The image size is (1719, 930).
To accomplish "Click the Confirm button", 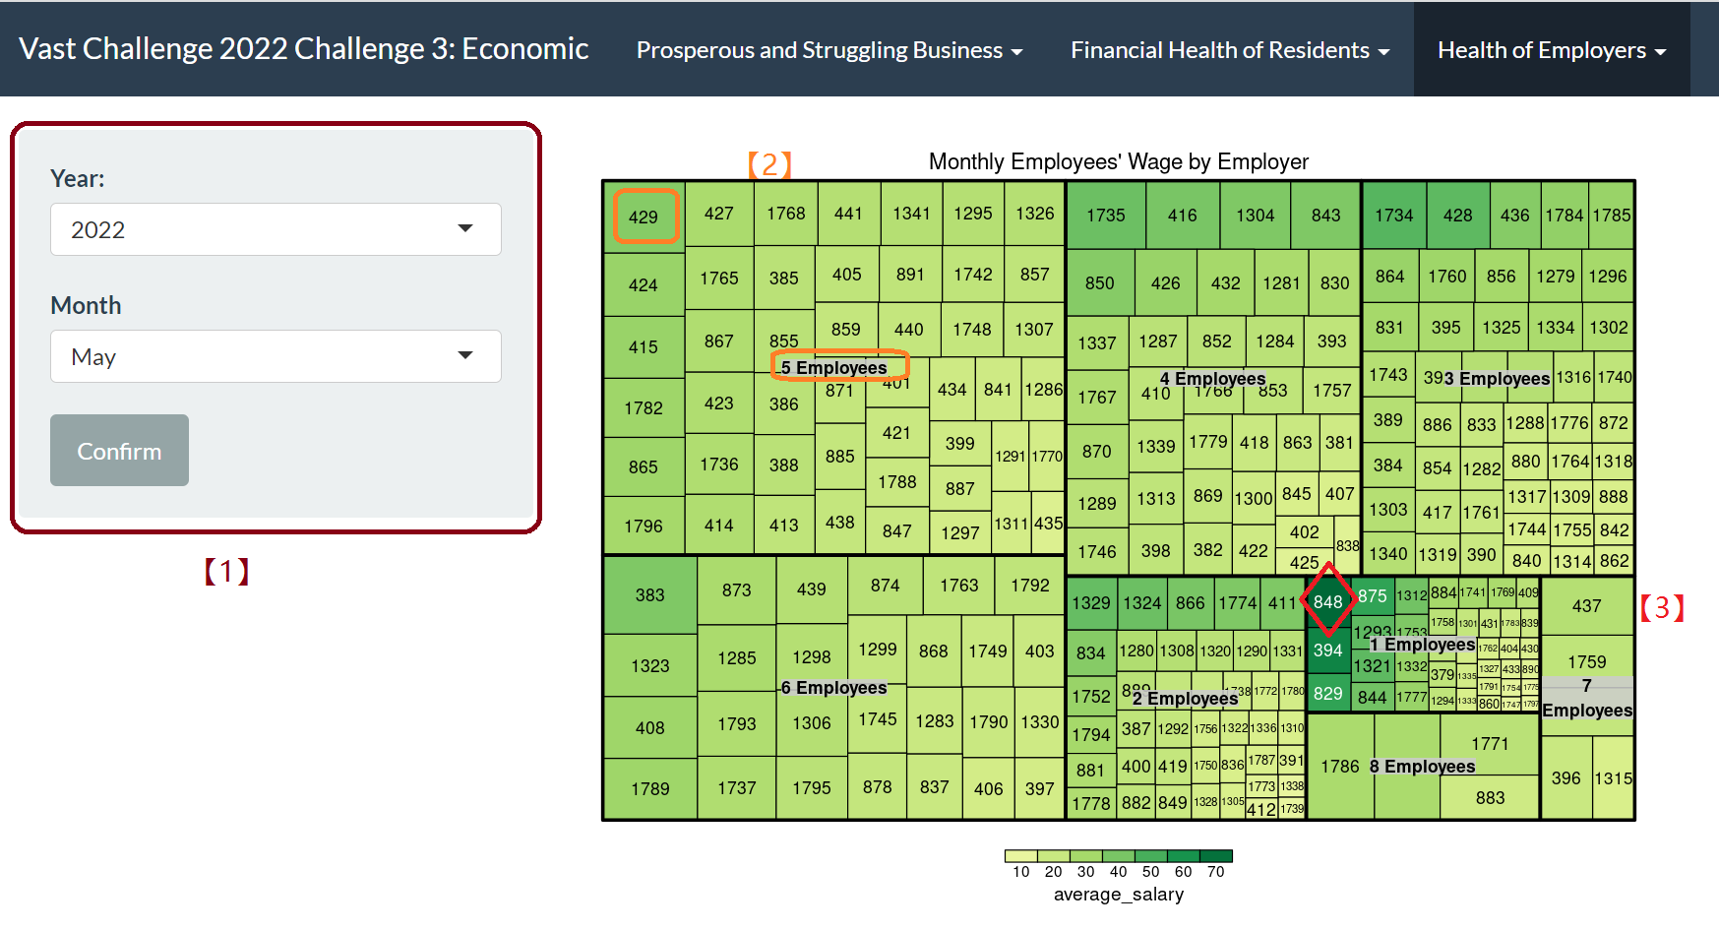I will (x=119, y=451).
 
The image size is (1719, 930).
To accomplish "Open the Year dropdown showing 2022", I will (x=276, y=229).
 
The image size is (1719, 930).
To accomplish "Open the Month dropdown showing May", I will (x=276, y=356).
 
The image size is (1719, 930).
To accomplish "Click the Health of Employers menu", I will (x=1551, y=50).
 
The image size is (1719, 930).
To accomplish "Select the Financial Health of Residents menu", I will (x=1229, y=50).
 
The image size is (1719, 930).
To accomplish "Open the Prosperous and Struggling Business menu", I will (x=829, y=50).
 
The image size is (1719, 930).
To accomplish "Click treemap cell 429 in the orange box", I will (x=645, y=217).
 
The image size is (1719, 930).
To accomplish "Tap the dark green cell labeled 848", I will (x=1327, y=600).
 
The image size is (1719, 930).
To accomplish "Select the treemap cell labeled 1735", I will (x=1106, y=216).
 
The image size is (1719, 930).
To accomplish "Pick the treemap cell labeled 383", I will (x=649, y=594).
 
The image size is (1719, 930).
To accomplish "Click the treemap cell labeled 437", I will (x=1586, y=606).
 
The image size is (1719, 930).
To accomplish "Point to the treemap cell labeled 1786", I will (x=1339, y=766).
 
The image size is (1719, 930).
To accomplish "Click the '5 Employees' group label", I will (x=834, y=367).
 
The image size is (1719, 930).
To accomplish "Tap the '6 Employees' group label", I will (x=834, y=687).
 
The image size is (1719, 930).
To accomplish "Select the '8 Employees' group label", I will (x=1423, y=766).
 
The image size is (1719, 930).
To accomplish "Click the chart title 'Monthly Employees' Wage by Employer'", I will (x=1118, y=161).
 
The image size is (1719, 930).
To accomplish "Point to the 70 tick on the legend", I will (x=1215, y=871).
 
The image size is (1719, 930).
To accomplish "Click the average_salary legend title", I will (x=1118, y=894).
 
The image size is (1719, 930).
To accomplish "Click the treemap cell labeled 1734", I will (x=1393, y=216).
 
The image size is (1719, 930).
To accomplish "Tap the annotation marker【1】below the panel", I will (x=226, y=571).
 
